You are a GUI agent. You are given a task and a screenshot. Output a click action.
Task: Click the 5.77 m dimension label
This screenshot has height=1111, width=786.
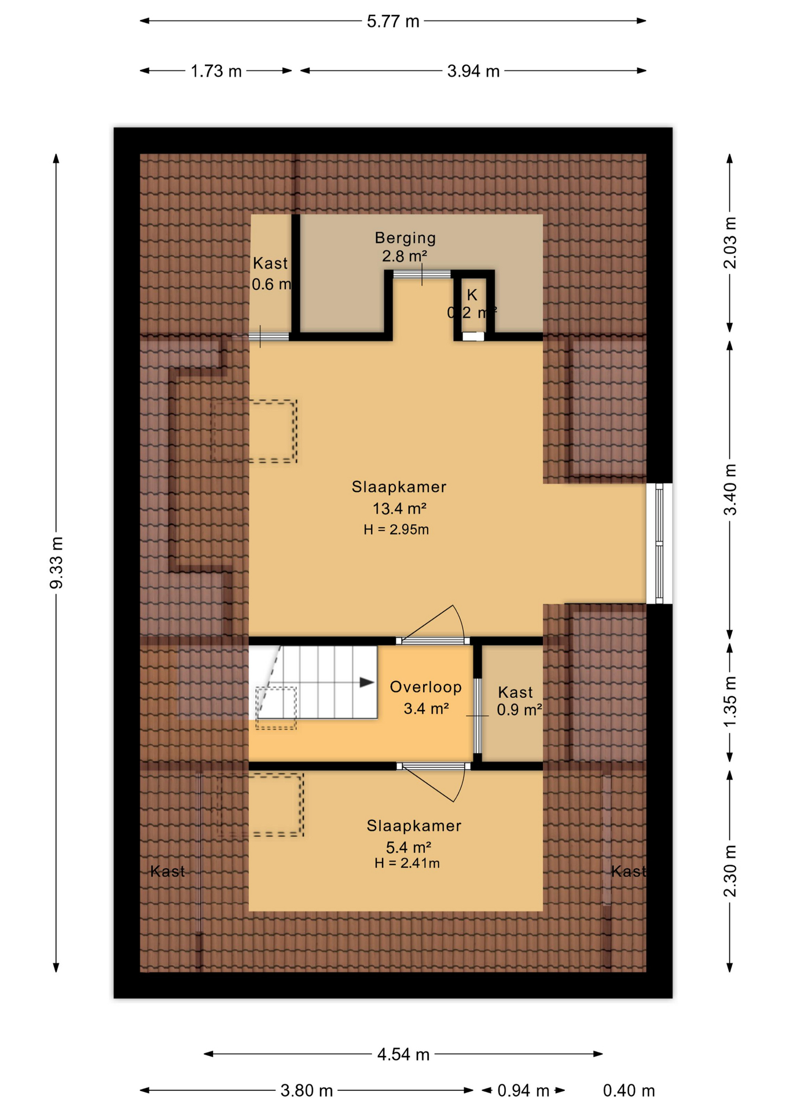pyautogui.click(x=392, y=21)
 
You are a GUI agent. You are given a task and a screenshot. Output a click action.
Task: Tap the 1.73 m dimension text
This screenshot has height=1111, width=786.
pyautogui.click(x=216, y=71)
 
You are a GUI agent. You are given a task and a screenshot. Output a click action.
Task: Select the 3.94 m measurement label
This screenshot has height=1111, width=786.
pyautogui.click(x=473, y=71)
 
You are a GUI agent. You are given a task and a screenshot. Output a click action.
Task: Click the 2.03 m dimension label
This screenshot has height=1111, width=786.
pyautogui.click(x=730, y=243)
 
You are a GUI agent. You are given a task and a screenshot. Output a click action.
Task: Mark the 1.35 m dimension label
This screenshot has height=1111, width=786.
pyautogui.click(x=730, y=702)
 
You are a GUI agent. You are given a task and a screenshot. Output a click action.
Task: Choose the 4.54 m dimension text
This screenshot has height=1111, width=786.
pyautogui.click(x=403, y=1054)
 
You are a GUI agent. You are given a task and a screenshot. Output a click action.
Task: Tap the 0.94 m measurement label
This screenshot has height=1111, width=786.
pyautogui.click(x=523, y=1091)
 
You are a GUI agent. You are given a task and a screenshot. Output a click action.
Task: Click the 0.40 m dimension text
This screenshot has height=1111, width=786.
pyautogui.click(x=629, y=1091)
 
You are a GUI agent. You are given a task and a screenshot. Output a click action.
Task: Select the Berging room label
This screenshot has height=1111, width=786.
pyautogui.click(x=405, y=238)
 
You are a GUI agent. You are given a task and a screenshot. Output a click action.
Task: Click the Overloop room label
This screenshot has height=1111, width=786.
pyautogui.click(x=425, y=687)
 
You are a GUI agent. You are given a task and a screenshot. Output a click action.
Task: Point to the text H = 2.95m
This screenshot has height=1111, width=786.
pyautogui.click(x=396, y=529)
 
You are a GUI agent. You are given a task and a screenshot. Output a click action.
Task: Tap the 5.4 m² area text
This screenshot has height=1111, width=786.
pyautogui.click(x=408, y=848)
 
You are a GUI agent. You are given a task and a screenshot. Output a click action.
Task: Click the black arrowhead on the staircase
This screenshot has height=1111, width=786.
pyautogui.click(x=366, y=682)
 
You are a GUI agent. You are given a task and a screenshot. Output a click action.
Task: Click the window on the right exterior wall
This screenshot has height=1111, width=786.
pyautogui.click(x=659, y=543)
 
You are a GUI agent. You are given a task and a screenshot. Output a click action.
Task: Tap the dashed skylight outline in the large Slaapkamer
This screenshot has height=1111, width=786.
pyautogui.click(x=255, y=431)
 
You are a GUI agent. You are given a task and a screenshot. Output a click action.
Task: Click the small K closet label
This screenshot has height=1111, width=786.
pyautogui.click(x=472, y=295)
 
